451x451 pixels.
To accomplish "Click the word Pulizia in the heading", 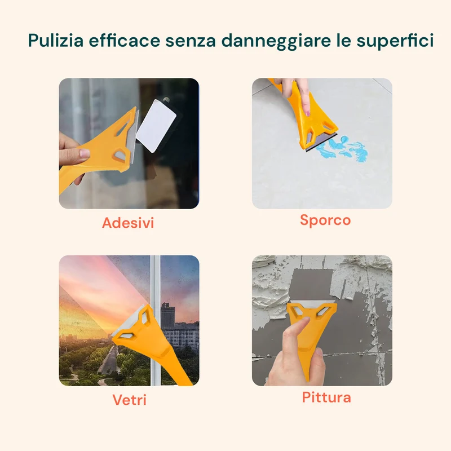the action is click(x=56, y=40).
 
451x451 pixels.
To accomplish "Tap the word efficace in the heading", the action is click(x=124, y=40).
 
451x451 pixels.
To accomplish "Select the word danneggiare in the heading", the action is click(x=276, y=41).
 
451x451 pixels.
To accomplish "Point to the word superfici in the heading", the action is click(x=395, y=41).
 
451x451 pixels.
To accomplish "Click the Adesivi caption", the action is click(x=128, y=223).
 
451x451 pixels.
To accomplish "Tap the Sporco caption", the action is click(x=325, y=220).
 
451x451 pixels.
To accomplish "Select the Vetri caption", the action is click(x=129, y=400).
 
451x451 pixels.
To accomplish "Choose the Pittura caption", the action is click(x=326, y=397).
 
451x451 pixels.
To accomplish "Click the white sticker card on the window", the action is click(x=156, y=126).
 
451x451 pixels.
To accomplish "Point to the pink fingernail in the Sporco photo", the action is click(x=308, y=113).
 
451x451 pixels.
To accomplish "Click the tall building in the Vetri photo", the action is click(x=168, y=315).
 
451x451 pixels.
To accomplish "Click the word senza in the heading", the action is click(x=191, y=41).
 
